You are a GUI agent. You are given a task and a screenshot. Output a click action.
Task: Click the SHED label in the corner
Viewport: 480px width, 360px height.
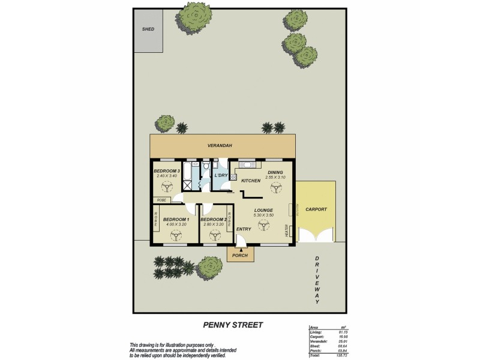(x=148, y=29)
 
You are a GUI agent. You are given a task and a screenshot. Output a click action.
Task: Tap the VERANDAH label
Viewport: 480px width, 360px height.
(x=220, y=145)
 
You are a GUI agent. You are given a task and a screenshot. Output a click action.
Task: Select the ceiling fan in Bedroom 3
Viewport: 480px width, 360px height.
(x=166, y=187)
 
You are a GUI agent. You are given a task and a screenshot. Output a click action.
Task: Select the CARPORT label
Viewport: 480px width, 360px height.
(x=316, y=209)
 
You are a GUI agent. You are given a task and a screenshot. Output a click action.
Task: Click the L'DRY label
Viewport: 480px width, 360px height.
(x=221, y=175)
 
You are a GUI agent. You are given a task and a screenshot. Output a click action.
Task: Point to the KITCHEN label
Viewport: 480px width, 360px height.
(x=250, y=181)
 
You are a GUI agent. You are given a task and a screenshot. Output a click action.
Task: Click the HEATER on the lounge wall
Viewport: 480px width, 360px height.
(x=287, y=230)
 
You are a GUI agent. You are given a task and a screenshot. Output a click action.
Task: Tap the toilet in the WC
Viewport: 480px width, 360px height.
(x=205, y=166)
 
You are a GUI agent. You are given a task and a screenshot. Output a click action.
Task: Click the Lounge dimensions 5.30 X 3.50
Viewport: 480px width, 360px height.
(x=264, y=215)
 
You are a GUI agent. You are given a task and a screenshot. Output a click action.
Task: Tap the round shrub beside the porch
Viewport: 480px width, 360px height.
(x=210, y=266)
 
